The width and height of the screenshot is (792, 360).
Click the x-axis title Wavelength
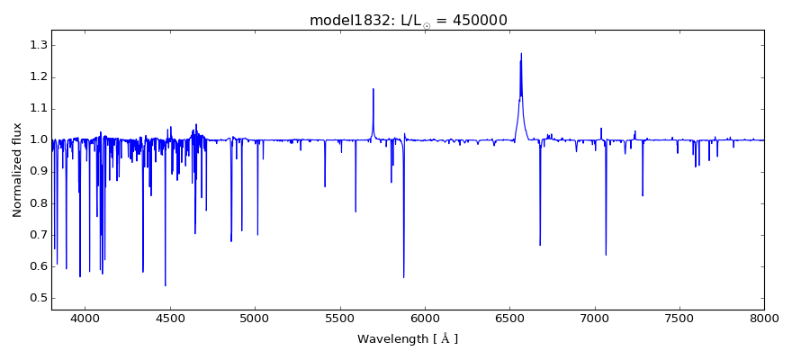[x=407, y=339]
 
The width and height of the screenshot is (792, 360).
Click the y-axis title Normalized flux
[x=17, y=170]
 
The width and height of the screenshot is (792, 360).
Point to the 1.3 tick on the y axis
[x=38, y=45]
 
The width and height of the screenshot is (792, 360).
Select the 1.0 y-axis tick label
[x=38, y=140]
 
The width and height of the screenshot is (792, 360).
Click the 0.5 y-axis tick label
[x=38, y=299]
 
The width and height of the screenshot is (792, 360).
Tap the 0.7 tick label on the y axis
[x=38, y=235]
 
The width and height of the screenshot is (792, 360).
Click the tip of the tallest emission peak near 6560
[x=520, y=53]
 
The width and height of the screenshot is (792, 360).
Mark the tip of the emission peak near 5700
[x=373, y=88]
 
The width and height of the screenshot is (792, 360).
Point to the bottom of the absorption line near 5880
[x=403, y=278]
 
